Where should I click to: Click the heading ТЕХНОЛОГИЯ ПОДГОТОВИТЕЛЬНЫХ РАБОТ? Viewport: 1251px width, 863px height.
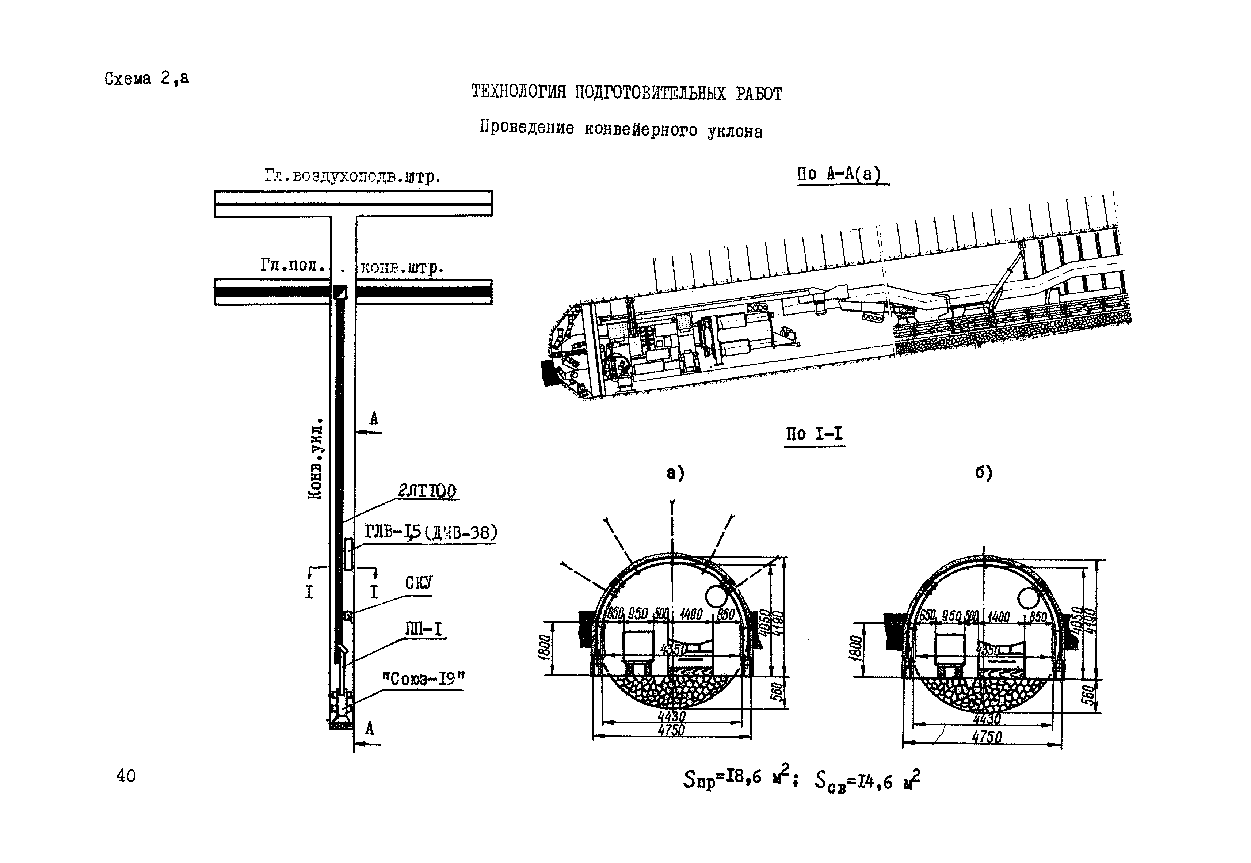[626, 93]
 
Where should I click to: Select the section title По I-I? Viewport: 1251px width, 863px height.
[814, 434]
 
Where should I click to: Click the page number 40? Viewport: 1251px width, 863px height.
[126, 776]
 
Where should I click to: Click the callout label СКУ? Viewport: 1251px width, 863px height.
[419, 583]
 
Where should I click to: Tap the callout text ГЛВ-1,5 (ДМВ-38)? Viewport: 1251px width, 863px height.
[430, 533]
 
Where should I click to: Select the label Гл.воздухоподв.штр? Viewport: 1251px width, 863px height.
[352, 177]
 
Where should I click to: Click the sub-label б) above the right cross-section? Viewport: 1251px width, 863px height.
[983, 472]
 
